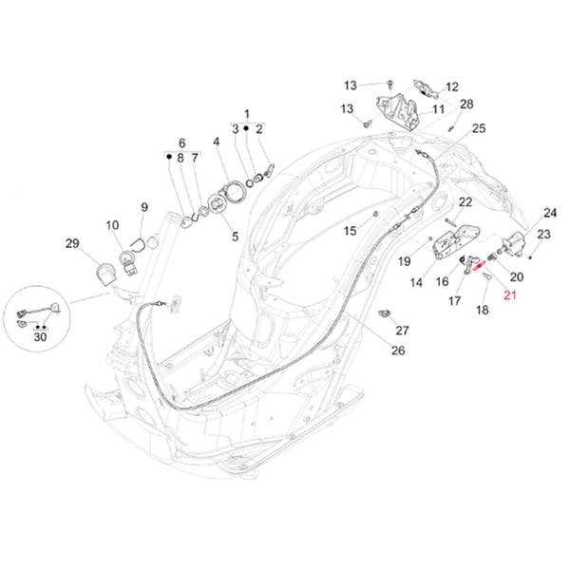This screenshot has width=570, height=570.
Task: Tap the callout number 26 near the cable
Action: click(x=398, y=351)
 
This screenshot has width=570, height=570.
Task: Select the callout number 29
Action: click(x=72, y=245)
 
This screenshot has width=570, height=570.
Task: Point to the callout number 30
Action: click(x=40, y=336)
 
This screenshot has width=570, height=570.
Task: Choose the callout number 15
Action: click(x=350, y=231)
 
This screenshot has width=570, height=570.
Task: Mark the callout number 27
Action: click(x=402, y=331)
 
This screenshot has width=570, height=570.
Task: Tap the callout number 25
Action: click(x=478, y=128)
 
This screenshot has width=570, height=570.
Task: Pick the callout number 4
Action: click(x=217, y=142)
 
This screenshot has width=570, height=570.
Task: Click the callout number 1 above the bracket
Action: click(x=246, y=113)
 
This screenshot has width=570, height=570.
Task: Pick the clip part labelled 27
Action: click(x=386, y=313)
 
